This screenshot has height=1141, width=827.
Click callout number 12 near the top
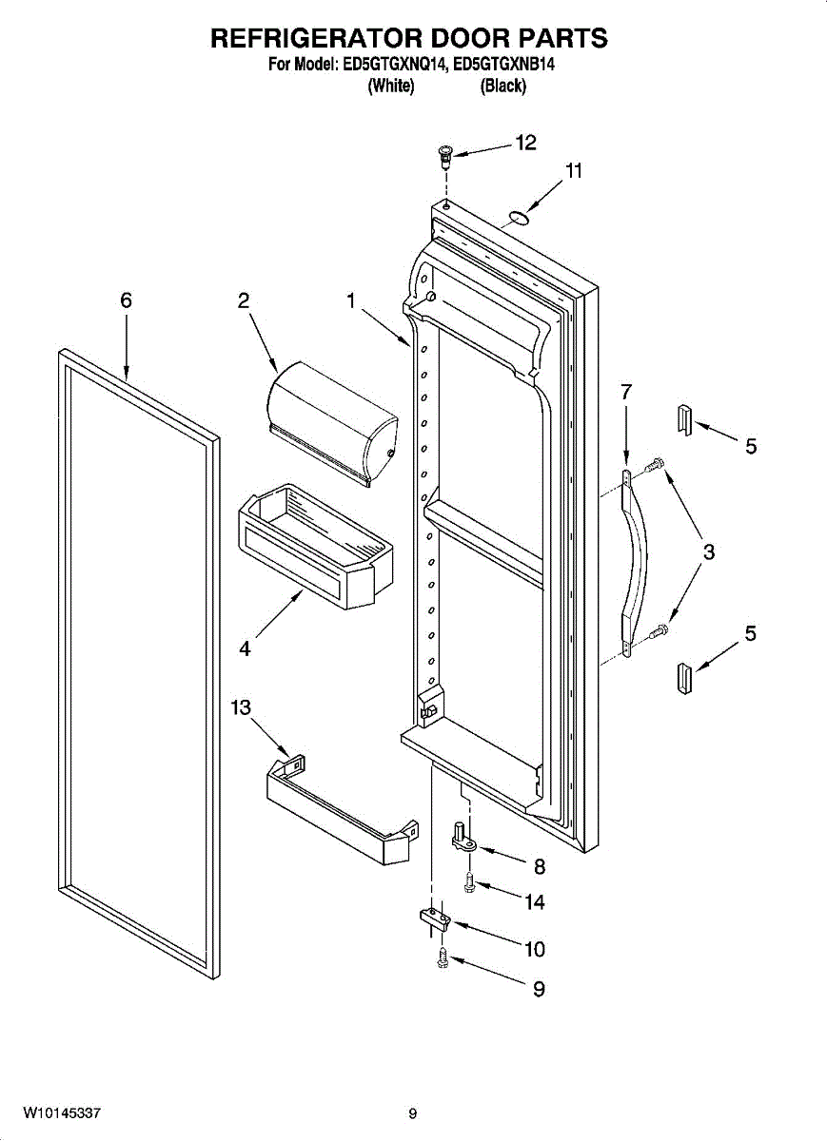coord(525,143)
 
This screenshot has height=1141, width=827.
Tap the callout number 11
coord(573,171)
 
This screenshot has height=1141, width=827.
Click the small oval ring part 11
coord(516,219)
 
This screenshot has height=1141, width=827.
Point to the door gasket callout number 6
coord(126,300)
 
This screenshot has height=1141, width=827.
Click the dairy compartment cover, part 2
coord(333,424)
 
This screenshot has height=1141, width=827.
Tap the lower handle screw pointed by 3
coord(658,630)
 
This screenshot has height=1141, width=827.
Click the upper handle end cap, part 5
coord(684,417)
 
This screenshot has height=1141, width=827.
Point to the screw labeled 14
coord(469,884)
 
